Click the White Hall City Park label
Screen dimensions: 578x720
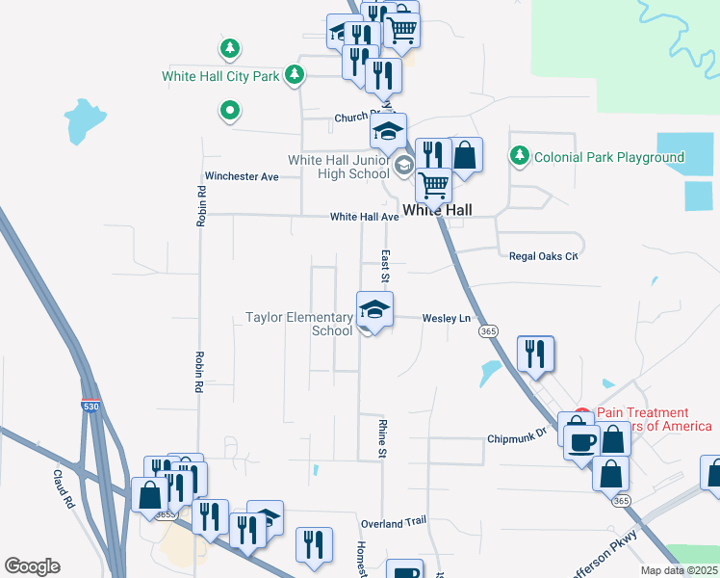point(219,75)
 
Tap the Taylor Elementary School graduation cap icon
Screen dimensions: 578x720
point(374,310)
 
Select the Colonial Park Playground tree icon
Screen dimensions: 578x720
point(520,156)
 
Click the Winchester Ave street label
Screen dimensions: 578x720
point(241,176)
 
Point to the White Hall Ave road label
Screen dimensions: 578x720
point(364,217)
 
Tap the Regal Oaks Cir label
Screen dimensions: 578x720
point(543,256)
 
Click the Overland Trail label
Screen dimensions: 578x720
point(393,522)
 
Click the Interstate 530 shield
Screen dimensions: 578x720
point(90,407)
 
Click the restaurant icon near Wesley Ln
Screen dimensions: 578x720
point(534,353)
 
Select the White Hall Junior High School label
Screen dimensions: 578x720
point(339,167)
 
